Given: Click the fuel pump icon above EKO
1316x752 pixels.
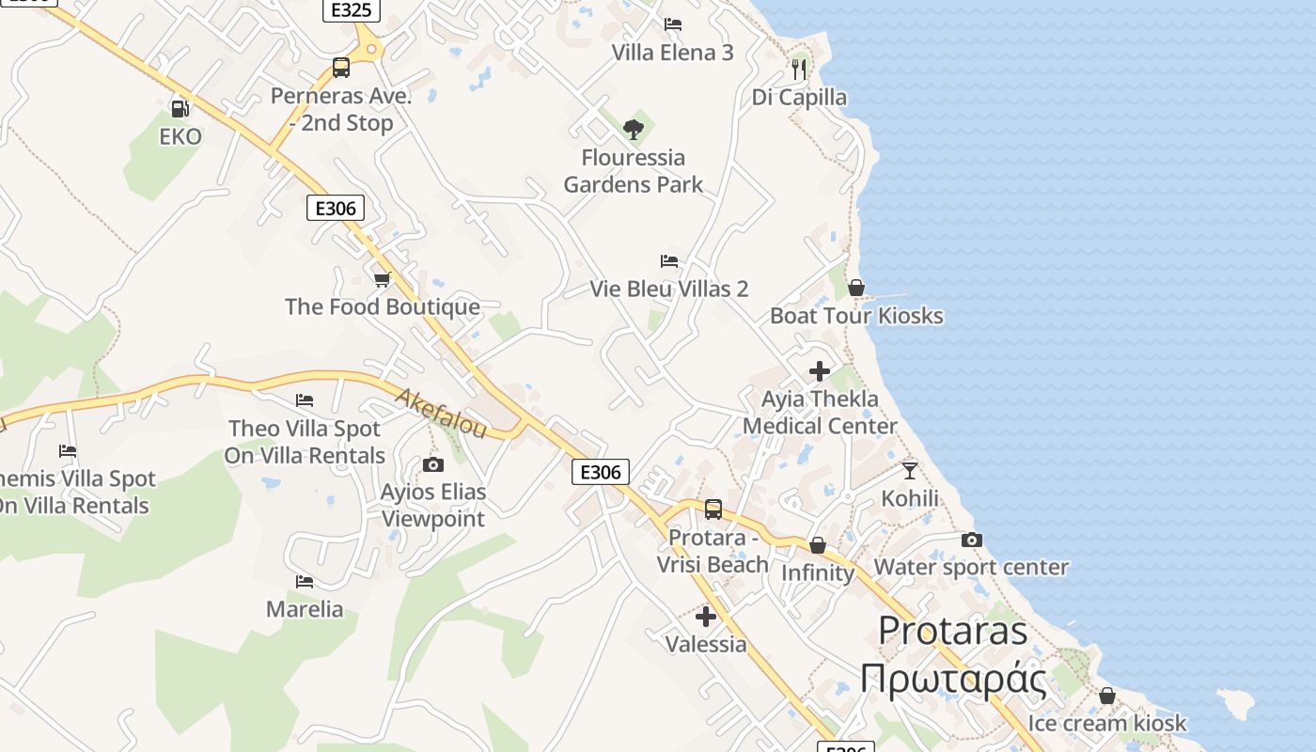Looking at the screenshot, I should coord(180,109).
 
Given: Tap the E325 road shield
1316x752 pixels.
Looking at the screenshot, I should coord(352,10).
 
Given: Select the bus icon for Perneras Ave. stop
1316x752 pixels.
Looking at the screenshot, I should coord(341,68).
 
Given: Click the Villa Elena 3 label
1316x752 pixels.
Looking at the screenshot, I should coord(672,53).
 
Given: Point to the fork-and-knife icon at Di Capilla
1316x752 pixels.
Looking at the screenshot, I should coord(799,69).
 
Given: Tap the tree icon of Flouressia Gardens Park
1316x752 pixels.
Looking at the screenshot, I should coord(634,130).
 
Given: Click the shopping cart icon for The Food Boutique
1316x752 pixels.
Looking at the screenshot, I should coord(383,279).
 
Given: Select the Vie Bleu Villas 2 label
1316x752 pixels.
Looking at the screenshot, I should coord(669,289).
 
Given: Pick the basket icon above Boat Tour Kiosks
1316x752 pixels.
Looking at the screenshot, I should coord(856,288).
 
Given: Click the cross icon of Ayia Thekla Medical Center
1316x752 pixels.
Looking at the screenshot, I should coord(820,371).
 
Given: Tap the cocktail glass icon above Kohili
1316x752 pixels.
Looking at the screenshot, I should coord(909,470).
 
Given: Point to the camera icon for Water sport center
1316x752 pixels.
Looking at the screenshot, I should coord(972,540).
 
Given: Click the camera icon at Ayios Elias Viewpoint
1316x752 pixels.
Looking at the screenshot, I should coord(433,464).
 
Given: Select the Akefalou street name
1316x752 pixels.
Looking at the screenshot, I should coord(441,414).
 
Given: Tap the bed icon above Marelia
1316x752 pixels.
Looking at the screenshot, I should coord(305,582).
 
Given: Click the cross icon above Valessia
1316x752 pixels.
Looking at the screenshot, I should coord(706,617).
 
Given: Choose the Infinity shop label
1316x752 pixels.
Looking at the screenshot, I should coord(818,572).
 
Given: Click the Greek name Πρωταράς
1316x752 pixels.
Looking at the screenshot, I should coord(953,679).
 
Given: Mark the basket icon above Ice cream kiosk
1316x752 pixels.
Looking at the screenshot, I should coord(1107,696).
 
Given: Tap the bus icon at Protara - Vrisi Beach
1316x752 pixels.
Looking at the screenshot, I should coord(713,509).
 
